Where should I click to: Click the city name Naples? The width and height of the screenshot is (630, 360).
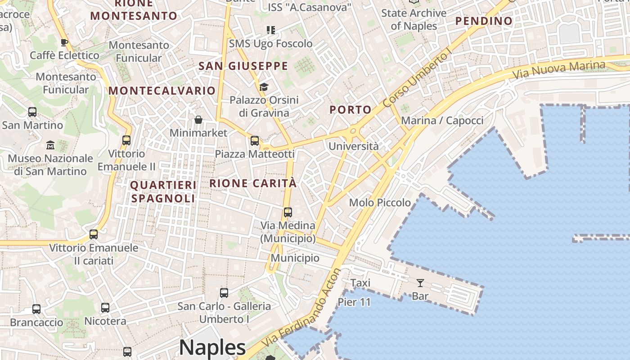click(x=212, y=348)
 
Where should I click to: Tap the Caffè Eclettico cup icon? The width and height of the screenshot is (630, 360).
click(x=64, y=43)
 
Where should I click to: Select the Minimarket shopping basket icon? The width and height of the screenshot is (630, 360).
click(x=198, y=120)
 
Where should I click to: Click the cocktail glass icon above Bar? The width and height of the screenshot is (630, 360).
click(x=420, y=283)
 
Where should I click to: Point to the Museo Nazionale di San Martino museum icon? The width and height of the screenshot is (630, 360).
click(x=50, y=145)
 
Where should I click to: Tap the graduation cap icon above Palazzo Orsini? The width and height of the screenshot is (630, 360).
click(x=264, y=87)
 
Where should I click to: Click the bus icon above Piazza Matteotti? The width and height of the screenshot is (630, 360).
click(x=255, y=141)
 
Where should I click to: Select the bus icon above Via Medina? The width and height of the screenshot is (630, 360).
click(x=288, y=212)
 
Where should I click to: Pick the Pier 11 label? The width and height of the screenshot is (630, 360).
click(x=354, y=302)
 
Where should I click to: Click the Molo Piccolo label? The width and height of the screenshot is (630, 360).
click(x=380, y=202)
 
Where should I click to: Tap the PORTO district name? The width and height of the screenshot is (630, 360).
click(x=351, y=110)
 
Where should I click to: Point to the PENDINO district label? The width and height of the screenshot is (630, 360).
click(x=484, y=21)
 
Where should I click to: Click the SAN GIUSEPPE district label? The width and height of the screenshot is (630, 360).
click(x=243, y=66)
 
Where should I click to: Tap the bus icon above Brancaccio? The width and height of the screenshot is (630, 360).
click(x=36, y=309)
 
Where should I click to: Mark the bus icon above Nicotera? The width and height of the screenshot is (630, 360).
click(x=105, y=308)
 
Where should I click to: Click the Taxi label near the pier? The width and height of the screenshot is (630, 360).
click(x=360, y=283)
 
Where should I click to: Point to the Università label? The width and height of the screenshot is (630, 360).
click(x=353, y=146)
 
